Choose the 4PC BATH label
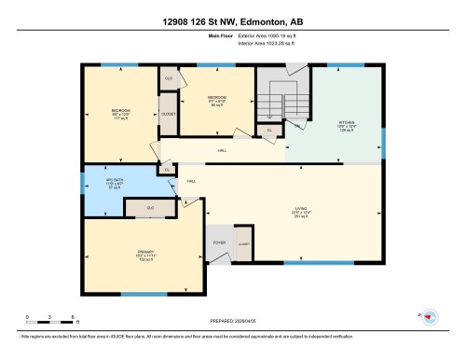click(99, 184)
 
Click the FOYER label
click(220, 242)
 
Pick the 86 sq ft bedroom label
click(216, 100)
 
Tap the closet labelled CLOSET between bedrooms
click(169, 114)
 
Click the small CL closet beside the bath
click(167, 169)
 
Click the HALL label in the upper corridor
click(222, 150)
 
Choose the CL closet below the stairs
click(269, 130)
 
